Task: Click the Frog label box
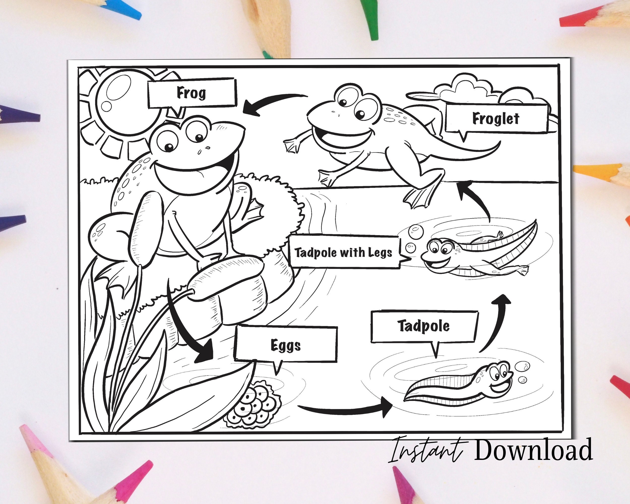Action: tap(192, 93)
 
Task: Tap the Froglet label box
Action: tap(496, 118)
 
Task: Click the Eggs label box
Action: tap(285, 345)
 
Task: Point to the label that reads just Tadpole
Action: tap(424, 326)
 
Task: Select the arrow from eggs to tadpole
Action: tap(345, 409)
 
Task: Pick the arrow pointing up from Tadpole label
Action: tap(497, 324)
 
